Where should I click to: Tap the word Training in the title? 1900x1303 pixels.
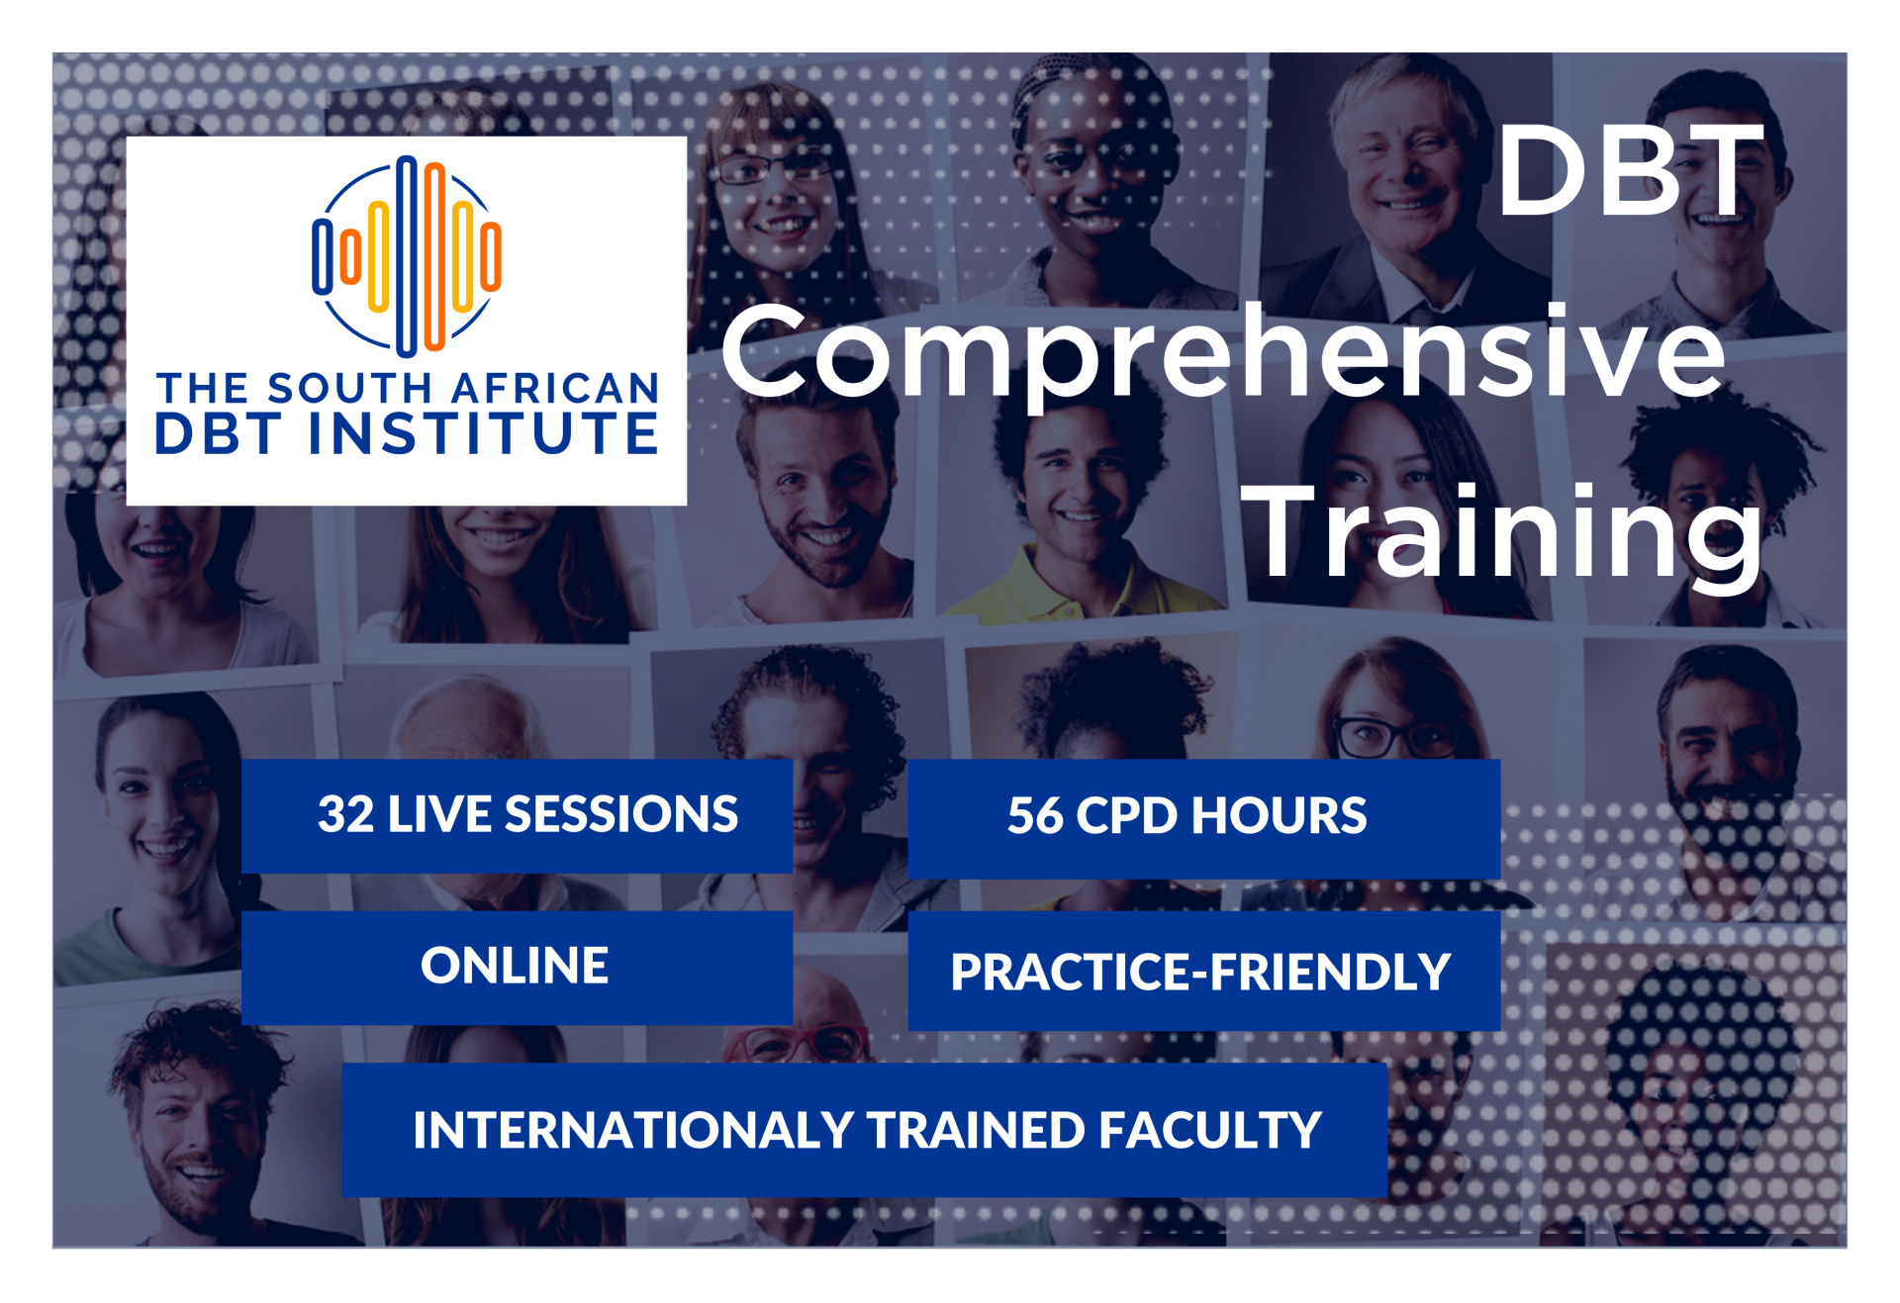(x=1502, y=534)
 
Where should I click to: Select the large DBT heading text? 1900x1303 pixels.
(x=1630, y=171)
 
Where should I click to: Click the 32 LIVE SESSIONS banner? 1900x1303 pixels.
(x=517, y=816)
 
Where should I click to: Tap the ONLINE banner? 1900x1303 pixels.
(x=517, y=968)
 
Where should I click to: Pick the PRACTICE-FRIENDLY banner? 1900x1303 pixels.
(x=1203, y=971)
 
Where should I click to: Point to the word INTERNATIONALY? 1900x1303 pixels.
(x=633, y=1130)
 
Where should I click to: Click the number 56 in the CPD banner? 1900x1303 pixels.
(x=1035, y=816)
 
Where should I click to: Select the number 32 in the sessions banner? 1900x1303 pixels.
(x=345, y=815)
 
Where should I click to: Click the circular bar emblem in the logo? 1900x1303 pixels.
(x=407, y=255)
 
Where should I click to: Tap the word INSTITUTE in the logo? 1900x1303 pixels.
(x=484, y=433)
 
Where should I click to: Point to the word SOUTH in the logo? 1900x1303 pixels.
(x=350, y=389)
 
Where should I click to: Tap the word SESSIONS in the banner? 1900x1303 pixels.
(x=621, y=815)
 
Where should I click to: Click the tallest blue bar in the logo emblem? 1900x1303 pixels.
(x=407, y=255)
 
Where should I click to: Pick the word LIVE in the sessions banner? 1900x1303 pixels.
(x=439, y=815)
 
